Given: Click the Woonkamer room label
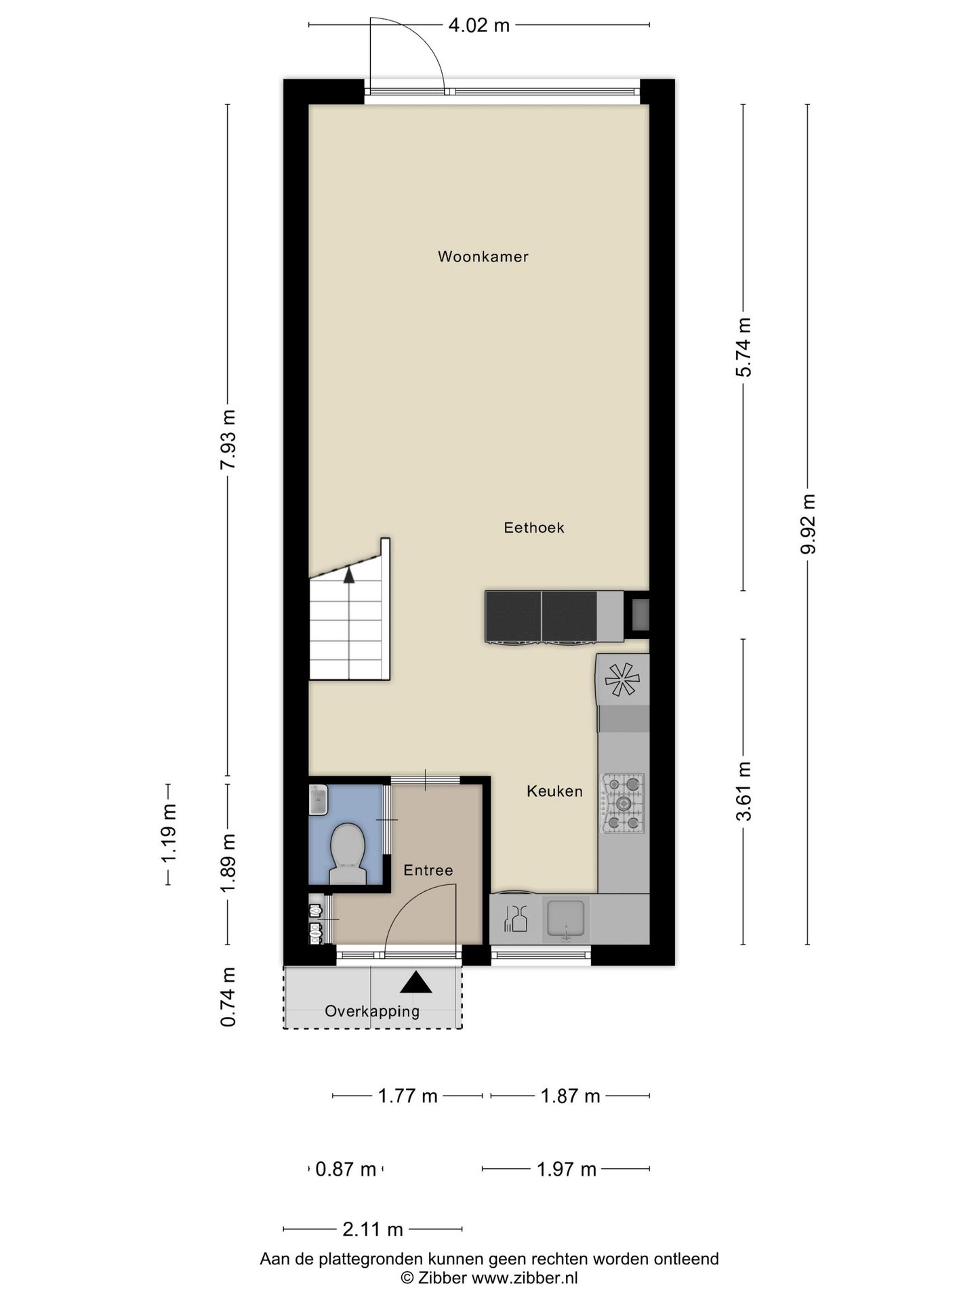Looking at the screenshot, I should click(x=483, y=257).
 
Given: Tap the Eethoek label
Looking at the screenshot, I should click(x=533, y=528).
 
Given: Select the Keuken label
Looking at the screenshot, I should click(x=554, y=791).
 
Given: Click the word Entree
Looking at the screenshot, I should click(x=428, y=870).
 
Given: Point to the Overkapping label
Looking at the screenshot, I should click(x=372, y=1012).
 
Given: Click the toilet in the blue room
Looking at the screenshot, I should click(x=348, y=852).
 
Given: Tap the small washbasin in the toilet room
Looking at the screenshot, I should click(x=318, y=801).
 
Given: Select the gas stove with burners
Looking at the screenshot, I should click(x=622, y=804).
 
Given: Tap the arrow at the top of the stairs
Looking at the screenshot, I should click(x=349, y=575).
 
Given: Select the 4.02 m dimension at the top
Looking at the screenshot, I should click(x=479, y=26).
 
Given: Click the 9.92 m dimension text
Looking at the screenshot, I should click(x=807, y=524).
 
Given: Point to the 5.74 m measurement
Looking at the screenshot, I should click(x=744, y=348).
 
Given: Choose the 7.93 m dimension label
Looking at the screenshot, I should click(x=228, y=440).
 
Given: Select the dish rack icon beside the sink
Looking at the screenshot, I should click(x=515, y=919).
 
